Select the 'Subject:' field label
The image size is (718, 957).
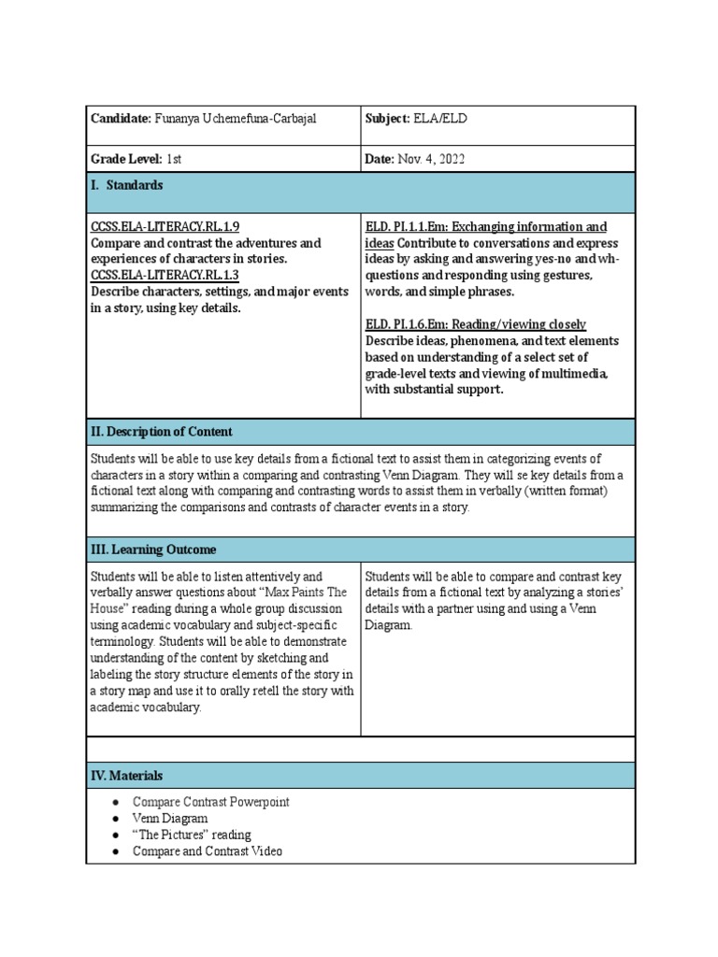[x=387, y=119]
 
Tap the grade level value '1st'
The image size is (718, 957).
[x=174, y=159]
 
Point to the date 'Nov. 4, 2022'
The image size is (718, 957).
[x=431, y=159]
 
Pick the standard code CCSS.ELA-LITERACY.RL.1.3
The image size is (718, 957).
[x=165, y=275]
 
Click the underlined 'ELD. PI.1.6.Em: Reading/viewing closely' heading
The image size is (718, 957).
[x=476, y=323]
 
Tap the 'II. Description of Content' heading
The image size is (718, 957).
[x=162, y=432]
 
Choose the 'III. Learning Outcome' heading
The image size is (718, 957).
[x=153, y=550]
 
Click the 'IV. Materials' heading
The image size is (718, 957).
[x=126, y=776]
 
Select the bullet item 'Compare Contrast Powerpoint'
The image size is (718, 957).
[x=211, y=802]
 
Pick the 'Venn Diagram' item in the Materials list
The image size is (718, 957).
[x=170, y=819]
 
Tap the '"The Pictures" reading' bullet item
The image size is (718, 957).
[x=192, y=835]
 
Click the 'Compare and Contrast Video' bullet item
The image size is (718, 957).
[x=208, y=851]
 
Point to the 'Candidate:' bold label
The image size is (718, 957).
[x=121, y=119]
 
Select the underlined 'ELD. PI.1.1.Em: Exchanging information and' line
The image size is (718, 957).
[x=486, y=227]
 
